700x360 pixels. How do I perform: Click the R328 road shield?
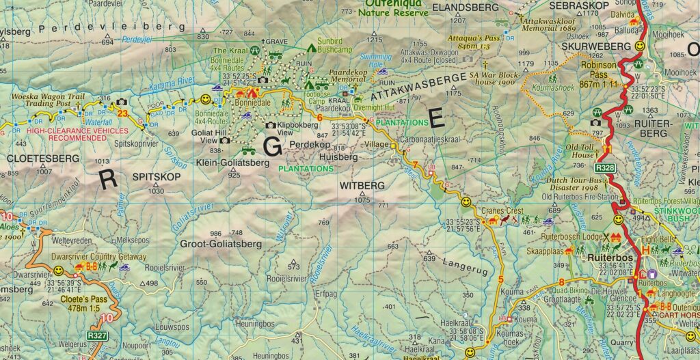point(604,167)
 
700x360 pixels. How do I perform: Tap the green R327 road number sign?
point(96,336)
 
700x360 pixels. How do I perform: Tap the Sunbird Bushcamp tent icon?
point(311,48)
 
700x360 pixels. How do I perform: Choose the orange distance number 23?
point(122,113)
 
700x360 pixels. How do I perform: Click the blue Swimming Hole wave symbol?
point(382,71)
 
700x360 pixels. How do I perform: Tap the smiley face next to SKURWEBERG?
point(639,46)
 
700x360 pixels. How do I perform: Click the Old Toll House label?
point(582,150)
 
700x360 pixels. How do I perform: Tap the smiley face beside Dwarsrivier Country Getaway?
point(58,271)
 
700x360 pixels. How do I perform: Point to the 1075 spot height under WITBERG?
point(362,199)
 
